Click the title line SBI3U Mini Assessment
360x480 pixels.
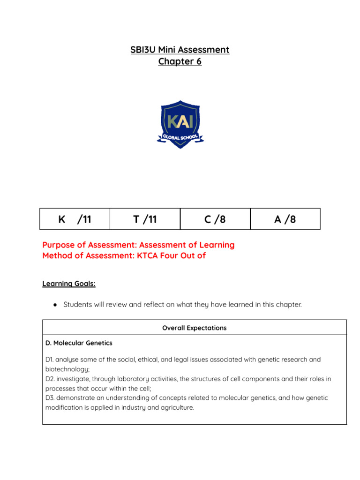[180, 50]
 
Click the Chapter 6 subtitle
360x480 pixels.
[180, 61]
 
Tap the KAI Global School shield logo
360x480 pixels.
[180, 124]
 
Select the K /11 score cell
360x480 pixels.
[75, 219]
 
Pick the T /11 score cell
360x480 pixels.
[145, 219]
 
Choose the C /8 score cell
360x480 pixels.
[215, 219]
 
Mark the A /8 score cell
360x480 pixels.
[285, 219]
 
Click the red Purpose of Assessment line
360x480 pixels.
[138, 245]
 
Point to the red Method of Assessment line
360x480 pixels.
[124, 256]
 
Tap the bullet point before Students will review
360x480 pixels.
[55, 305]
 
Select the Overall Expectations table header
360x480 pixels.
[194, 328]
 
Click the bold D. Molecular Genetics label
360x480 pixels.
[79, 343]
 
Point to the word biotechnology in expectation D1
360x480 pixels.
[65, 369]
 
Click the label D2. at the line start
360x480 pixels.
[51, 379]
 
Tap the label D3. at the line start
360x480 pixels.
[51, 398]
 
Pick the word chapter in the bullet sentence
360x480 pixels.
[288, 305]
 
